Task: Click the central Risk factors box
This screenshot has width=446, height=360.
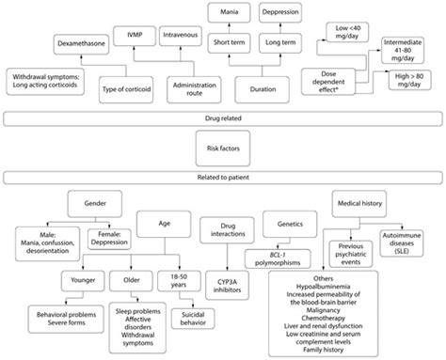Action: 223,149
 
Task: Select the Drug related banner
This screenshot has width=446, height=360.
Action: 223,118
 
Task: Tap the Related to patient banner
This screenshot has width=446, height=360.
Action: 223,178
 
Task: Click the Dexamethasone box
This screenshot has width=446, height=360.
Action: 81,43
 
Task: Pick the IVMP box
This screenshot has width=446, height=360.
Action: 135,36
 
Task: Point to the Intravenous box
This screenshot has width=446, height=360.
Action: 181,36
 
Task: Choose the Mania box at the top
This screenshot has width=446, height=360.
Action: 230,12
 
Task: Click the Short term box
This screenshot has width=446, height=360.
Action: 230,42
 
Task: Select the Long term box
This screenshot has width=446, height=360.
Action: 280,42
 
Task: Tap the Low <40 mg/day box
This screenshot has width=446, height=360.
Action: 347,32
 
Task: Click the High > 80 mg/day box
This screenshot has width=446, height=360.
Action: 409,80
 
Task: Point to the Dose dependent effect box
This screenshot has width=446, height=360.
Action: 328,82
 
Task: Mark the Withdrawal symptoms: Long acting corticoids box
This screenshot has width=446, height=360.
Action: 45,81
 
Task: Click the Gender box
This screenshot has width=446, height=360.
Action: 95,204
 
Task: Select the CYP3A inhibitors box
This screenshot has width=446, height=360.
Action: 228,286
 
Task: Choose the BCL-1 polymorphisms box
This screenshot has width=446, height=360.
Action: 278,258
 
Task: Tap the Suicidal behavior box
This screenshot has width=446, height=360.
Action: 193,319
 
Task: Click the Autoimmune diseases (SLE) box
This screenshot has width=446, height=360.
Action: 402,243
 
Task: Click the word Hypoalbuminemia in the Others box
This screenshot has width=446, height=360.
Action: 324,287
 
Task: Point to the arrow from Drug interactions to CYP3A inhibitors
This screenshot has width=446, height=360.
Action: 228,258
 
